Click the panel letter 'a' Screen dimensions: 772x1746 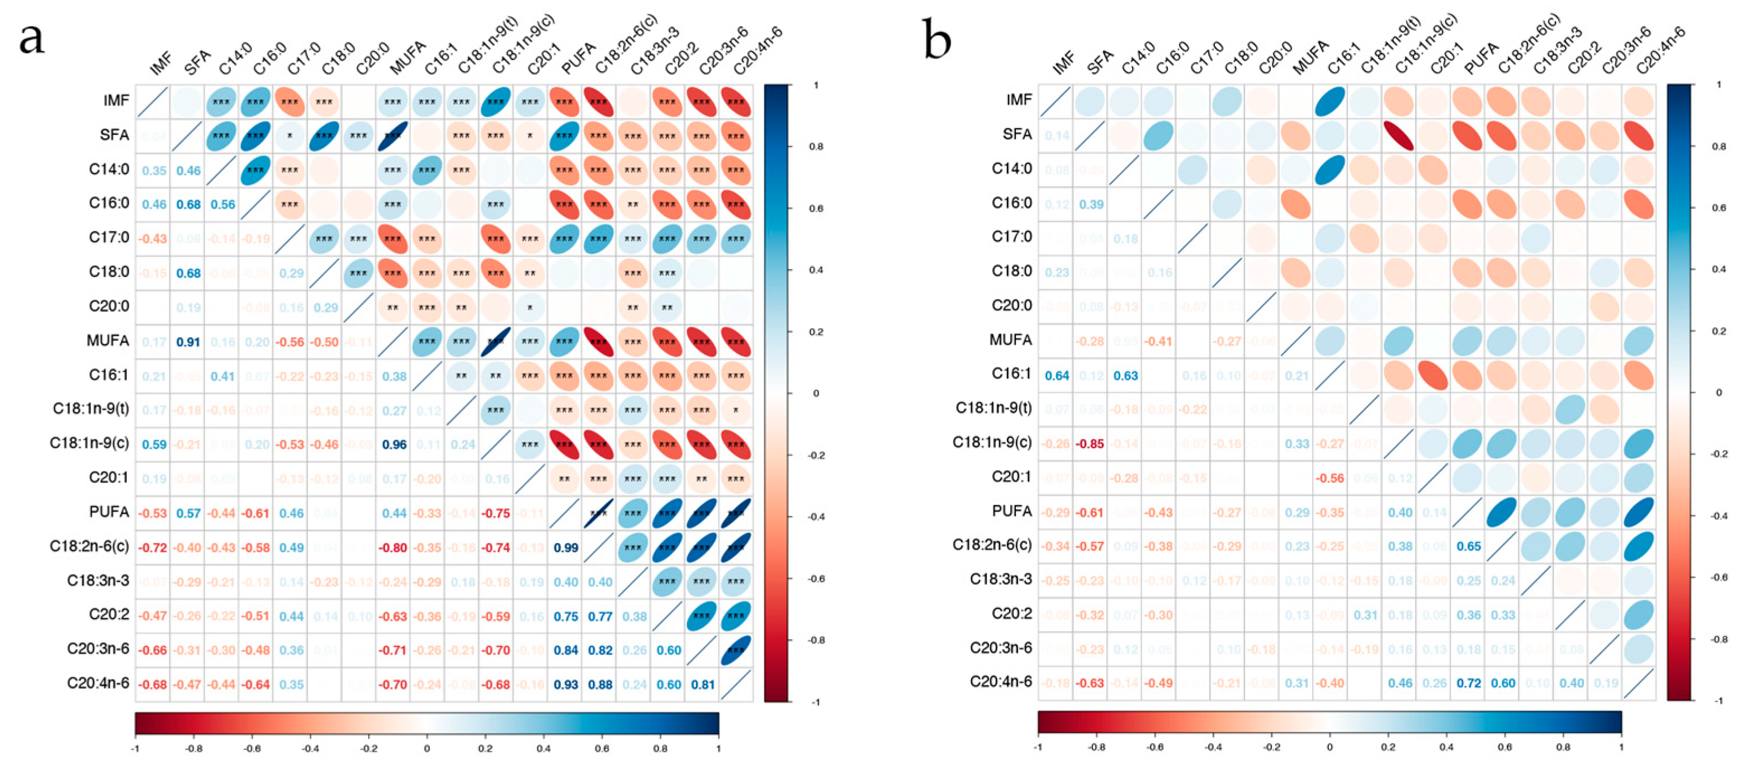point(31,39)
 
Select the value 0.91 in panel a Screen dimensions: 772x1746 point(188,342)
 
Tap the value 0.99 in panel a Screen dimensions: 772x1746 point(565,548)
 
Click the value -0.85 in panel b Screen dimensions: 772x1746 point(1090,444)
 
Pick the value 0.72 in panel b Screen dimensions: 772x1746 point(1468,683)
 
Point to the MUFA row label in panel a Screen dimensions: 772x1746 point(108,340)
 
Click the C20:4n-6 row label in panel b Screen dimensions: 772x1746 point(1000,681)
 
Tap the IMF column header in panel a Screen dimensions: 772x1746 point(162,64)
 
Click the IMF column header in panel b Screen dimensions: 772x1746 point(1064,63)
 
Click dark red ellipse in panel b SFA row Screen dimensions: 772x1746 point(1399,135)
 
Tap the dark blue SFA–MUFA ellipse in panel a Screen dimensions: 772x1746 point(393,135)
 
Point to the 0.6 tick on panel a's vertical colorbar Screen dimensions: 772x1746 point(816,208)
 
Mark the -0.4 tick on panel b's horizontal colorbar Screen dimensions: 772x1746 point(1213,747)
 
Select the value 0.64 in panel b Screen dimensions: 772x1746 point(1056,376)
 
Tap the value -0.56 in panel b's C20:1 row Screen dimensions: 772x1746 point(1330,479)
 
